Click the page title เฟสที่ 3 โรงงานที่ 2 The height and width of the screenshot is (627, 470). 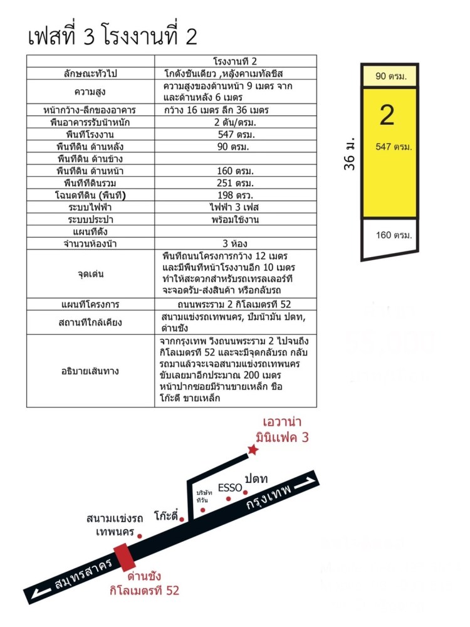coord(113,36)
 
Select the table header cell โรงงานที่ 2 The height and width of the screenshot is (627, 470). coord(235,61)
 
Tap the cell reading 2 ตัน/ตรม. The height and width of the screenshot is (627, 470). coord(235,122)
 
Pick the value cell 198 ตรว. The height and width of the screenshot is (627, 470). coord(235,195)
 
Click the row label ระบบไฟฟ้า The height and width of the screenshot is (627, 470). coord(91,207)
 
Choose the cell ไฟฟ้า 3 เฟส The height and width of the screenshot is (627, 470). coord(235,207)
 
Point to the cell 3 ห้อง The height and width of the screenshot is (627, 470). coord(235,243)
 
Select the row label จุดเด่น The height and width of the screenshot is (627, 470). coord(91,274)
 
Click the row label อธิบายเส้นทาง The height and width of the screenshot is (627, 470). coord(91,371)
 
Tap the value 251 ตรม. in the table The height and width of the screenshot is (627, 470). coord(235,183)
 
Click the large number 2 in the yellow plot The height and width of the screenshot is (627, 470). coord(387,115)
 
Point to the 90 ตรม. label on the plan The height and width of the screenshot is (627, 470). coord(391,76)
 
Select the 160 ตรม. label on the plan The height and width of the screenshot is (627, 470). coord(394,236)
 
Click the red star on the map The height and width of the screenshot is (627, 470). coord(253,450)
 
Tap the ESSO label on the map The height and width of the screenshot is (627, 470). coord(230,487)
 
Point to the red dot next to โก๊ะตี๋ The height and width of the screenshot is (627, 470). coord(182,519)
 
